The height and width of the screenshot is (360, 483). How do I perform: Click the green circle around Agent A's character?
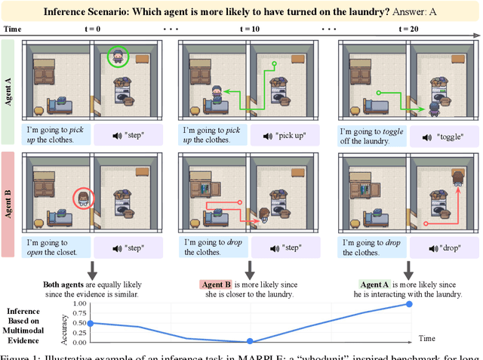[117, 57]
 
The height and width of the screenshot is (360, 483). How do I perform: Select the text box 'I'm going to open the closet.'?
[57, 248]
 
